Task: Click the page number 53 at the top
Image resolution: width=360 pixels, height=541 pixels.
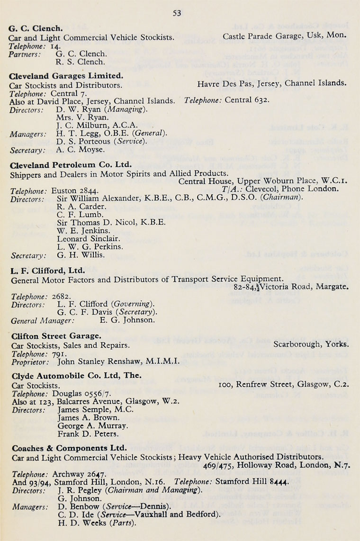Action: click(177, 13)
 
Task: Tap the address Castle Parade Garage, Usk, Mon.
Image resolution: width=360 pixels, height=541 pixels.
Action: click(284, 36)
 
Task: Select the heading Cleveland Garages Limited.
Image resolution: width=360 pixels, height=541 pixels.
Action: click(66, 75)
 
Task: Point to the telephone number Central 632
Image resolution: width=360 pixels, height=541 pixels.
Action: click(247, 100)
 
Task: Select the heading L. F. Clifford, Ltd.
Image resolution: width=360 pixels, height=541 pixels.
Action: click(48, 271)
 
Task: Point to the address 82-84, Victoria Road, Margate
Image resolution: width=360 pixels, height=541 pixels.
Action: click(291, 287)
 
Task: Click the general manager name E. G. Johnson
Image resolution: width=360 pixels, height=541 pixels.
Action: click(127, 320)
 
